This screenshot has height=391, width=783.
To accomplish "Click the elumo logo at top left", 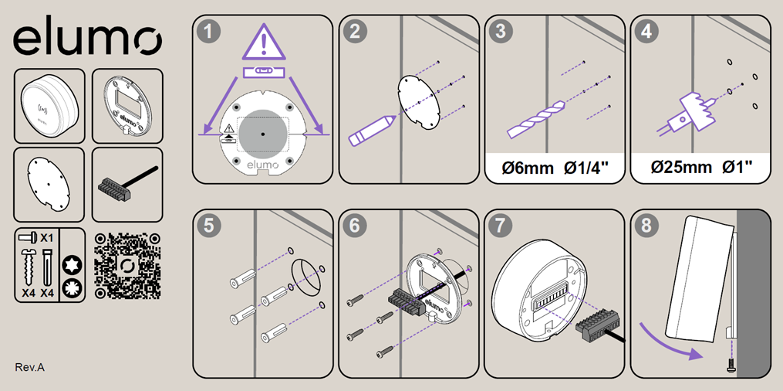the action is (x=87, y=39).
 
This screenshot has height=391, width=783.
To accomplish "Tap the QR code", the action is (x=127, y=266).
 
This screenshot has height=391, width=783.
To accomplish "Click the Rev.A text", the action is (x=29, y=368).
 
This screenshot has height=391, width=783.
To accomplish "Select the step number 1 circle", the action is (x=209, y=32).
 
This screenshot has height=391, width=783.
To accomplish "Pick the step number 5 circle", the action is (x=209, y=226).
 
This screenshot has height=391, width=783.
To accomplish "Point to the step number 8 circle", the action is (x=646, y=226).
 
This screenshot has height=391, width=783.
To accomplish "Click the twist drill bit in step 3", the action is (x=536, y=119).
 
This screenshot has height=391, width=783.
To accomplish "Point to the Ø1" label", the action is (x=737, y=166).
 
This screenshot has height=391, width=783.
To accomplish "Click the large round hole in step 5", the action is (x=305, y=277).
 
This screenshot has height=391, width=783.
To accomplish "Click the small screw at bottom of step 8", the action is (x=731, y=366).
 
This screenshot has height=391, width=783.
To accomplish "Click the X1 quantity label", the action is (x=47, y=237).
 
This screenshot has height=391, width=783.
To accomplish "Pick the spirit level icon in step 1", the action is (x=264, y=73).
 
